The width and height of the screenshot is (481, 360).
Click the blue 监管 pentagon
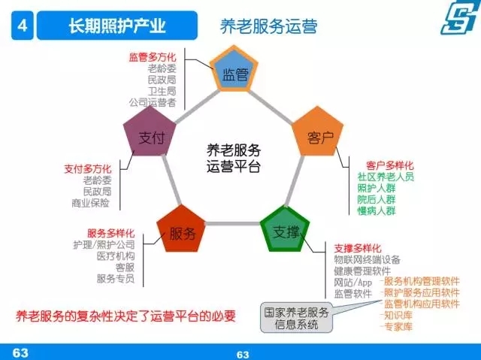(x=234, y=70)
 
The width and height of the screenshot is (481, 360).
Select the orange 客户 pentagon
(x=318, y=132)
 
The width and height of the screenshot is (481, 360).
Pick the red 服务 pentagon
(x=181, y=230)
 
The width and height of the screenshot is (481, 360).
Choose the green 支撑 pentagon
(x=286, y=230)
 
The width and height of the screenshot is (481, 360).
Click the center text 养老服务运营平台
(x=234, y=159)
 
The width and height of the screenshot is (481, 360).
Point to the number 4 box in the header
(x=22, y=26)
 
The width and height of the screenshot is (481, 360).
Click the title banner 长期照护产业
(x=117, y=26)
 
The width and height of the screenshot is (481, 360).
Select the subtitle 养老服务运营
(x=268, y=26)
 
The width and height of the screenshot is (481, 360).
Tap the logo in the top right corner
(x=460, y=17)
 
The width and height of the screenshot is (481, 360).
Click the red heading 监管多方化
(x=153, y=57)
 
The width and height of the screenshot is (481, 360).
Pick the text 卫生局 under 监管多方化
(x=162, y=92)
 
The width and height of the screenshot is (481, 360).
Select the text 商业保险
(x=90, y=203)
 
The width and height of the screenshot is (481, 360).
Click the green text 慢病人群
(x=377, y=211)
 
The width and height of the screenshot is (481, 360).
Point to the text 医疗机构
(x=116, y=256)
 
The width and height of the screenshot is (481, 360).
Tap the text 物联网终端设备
(x=368, y=260)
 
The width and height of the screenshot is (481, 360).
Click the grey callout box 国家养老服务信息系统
(x=296, y=319)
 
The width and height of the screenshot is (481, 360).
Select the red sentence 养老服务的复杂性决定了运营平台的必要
(x=126, y=316)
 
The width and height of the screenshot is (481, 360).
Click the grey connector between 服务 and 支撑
(x=233, y=223)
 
